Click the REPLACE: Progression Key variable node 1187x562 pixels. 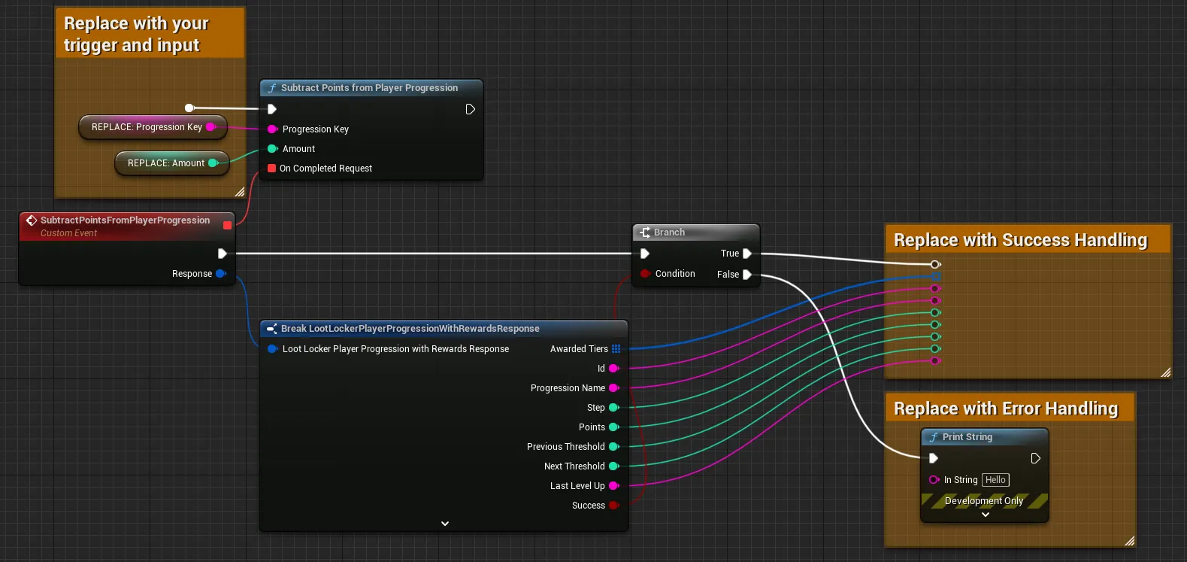click(153, 127)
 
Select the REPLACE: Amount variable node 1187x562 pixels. click(171, 163)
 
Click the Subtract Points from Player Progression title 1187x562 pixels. click(369, 88)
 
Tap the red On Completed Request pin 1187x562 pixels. click(272, 169)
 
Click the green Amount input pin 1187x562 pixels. click(272, 149)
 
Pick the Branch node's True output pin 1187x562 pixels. click(747, 254)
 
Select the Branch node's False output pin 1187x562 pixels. click(747, 275)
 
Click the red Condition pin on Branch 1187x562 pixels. click(645, 274)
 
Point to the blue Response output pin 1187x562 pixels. click(221, 274)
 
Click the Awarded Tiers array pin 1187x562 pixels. click(616, 349)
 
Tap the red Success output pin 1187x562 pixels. click(613, 506)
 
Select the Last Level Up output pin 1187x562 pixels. click(613, 486)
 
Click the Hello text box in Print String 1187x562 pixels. click(995, 480)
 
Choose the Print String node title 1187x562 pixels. click(967, 437)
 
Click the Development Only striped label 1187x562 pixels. click(984, 501)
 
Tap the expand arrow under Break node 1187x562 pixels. click(445, 524)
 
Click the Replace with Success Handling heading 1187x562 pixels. click(1021, 240)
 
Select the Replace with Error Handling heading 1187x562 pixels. click(1006, 409)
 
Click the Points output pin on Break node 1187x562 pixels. click(613, 427)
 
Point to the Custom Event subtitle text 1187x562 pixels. click(69, 233)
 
